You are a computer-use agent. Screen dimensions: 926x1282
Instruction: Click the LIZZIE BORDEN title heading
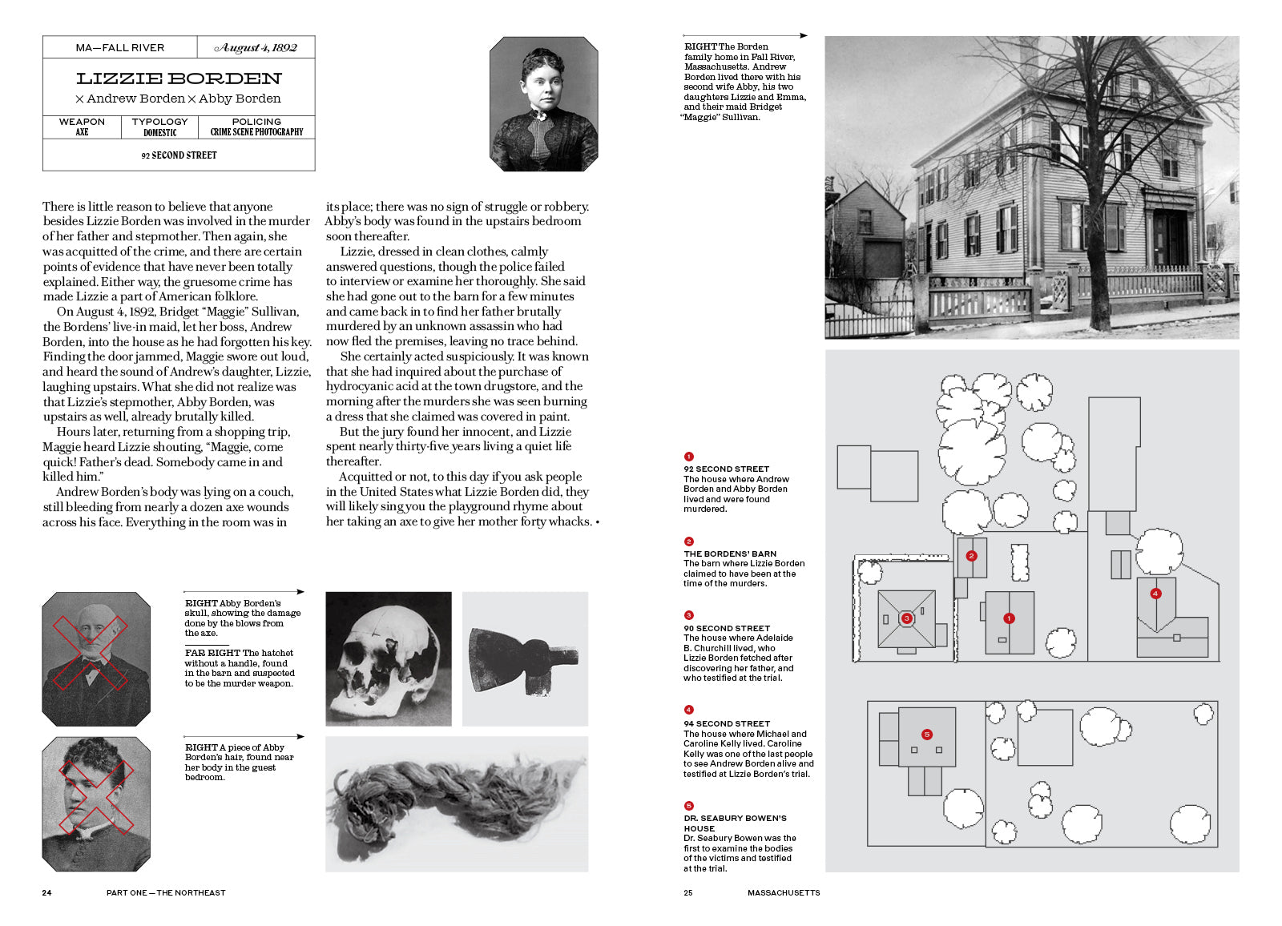click(179, 79)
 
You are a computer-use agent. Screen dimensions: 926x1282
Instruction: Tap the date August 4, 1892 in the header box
click(256, 48)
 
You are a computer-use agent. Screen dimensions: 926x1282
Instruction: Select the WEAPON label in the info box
click(82, 122)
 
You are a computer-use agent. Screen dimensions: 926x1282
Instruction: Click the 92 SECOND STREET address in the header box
click(179, 155)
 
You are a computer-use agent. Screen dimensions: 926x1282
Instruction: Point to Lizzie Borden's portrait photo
click(543, 104)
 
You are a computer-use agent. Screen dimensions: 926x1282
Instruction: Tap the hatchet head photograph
click(525, 658)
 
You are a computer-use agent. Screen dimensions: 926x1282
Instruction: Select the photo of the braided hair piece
click(457, 803)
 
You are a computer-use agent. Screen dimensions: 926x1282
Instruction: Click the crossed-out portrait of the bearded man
click(96, 658)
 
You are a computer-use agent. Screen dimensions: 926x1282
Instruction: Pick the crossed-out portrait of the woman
click(96, 803)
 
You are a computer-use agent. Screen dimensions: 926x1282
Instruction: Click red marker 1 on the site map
click(1009, 618)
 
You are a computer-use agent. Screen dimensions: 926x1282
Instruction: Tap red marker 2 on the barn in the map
click(971, 556)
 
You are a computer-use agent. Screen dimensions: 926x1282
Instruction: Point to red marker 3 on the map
click(906, 618)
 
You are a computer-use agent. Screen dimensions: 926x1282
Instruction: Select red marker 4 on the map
click(1155, 594)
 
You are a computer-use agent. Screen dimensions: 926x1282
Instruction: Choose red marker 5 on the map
click(927, 735)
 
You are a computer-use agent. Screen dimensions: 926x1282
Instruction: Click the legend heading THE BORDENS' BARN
click(730, 554)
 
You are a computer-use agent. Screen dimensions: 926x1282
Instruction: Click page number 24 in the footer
click(46, 892)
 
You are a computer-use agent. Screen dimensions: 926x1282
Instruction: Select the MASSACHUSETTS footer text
click(784, 892)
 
